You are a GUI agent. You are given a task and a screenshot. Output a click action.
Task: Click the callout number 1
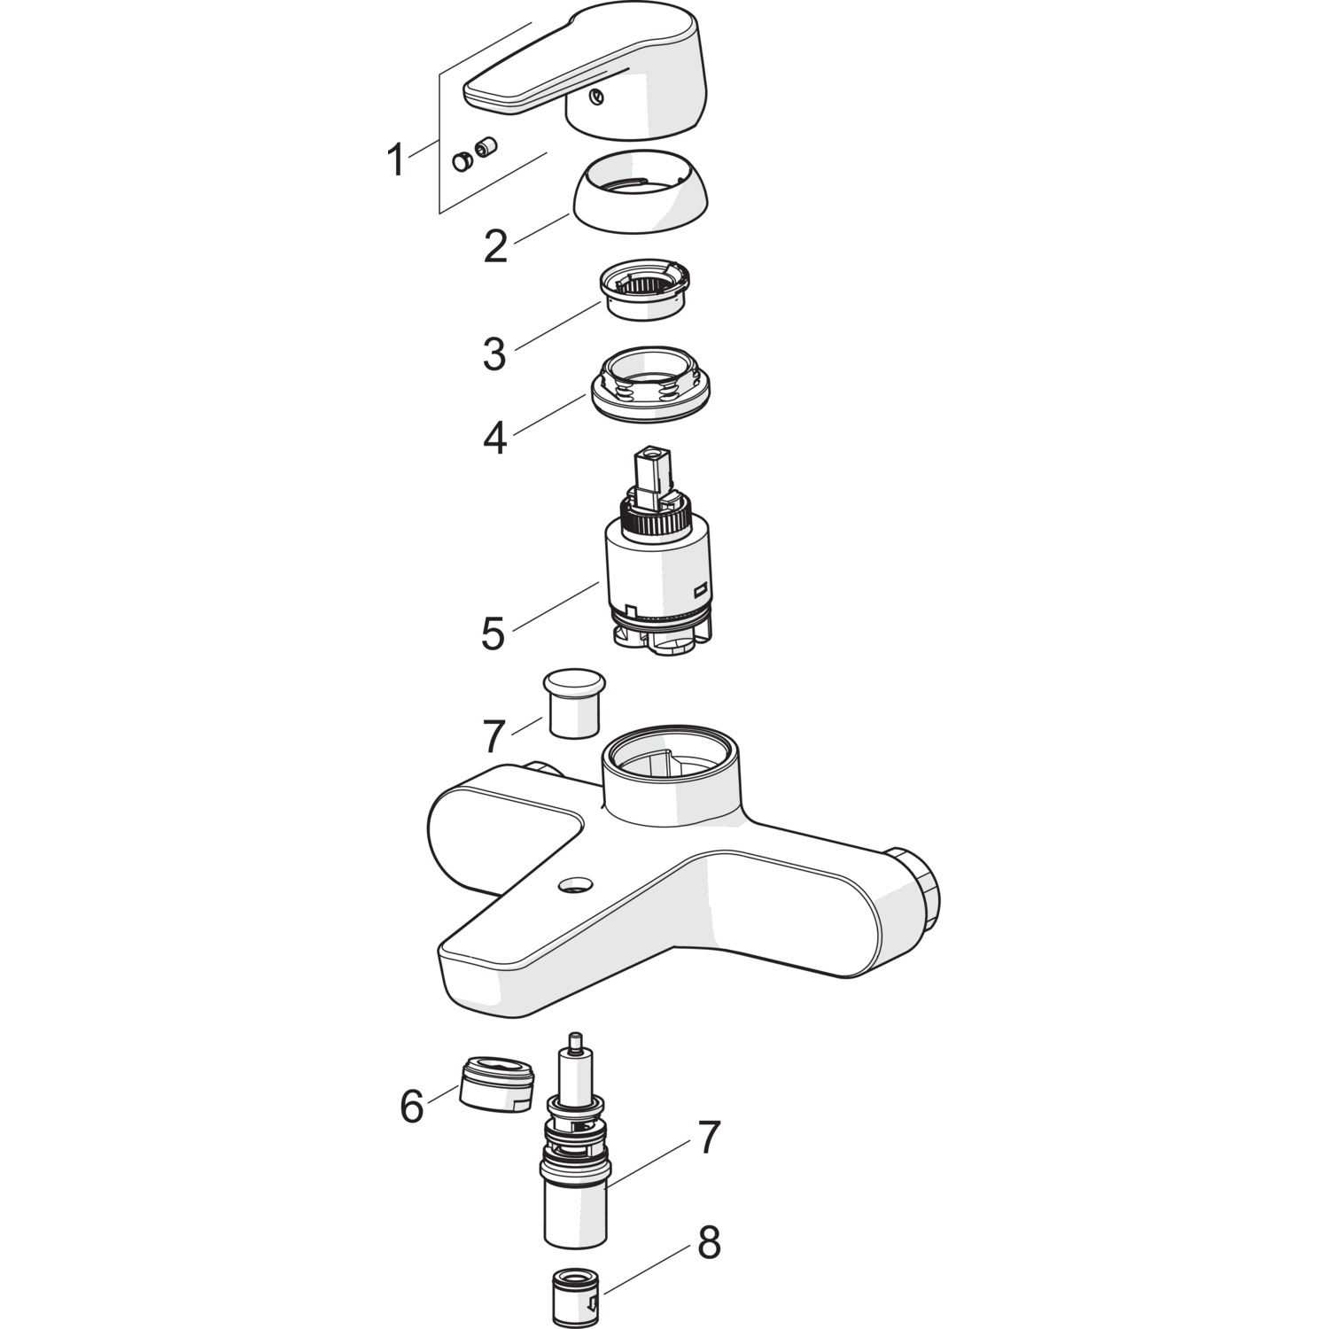pyautogui.click(x=395, y=161)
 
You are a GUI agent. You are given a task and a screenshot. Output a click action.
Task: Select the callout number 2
pyautogui.click(x=495, y=245)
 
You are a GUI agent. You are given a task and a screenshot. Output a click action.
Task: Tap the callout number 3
pyautogui.click(x=494, y=353)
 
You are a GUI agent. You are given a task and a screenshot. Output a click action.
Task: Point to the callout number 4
pyautogui.click(x=494, y=438)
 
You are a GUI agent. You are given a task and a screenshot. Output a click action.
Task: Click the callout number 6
pyautogui.click(x=412, y=1107)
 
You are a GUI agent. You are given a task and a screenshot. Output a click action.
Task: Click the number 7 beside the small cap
pyautogui.click(x=494, y=736)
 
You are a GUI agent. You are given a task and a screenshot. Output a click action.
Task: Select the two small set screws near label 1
pyautogui.click(x=474, y=154)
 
